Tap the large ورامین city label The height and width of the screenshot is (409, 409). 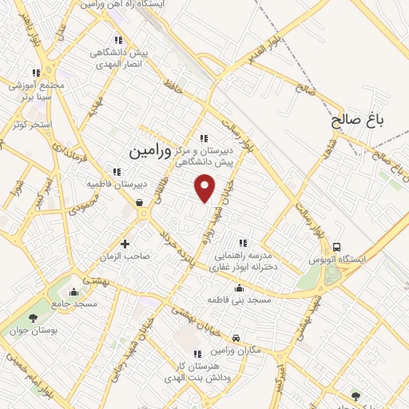(149, 149)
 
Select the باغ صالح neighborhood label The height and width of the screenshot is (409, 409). (359, 121)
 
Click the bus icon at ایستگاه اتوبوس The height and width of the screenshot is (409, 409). (339, 247)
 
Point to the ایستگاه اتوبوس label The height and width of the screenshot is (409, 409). (352, 260)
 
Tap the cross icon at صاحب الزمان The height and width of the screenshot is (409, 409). (125, 243)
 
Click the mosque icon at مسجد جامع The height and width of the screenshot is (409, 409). (74, 292)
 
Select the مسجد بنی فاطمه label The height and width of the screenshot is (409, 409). (240, 300)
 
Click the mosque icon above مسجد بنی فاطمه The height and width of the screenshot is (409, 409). (239, 288)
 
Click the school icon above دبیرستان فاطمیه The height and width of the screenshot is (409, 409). (117, 172)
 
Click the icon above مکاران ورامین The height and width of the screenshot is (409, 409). (235, 339)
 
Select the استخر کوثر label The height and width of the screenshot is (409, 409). (32, 125)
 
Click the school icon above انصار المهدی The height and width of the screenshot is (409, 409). (119, 40)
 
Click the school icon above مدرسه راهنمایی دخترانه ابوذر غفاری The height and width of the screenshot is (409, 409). (243, 243)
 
